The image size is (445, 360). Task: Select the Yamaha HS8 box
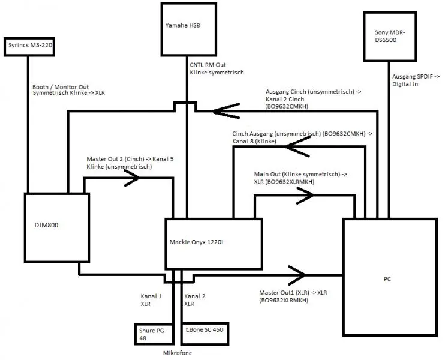pyautogui.click(x=187, y=28)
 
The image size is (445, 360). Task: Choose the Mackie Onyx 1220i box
pyautogui.click(x=214, y=242)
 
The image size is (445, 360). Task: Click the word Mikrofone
pyautogui.click(x=179, y=353)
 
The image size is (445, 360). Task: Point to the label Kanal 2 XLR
pyautogui.click(x=194, y=300)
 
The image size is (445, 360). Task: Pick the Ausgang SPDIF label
pyautogui.click(x=416, y=80)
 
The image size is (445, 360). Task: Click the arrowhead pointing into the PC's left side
pyautogui.click(x=297, y=275)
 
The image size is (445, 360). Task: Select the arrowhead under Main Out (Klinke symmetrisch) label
pyautogui.click(x=303, y=194)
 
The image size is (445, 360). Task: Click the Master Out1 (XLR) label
pyautogui.click(x=291, y=296)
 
